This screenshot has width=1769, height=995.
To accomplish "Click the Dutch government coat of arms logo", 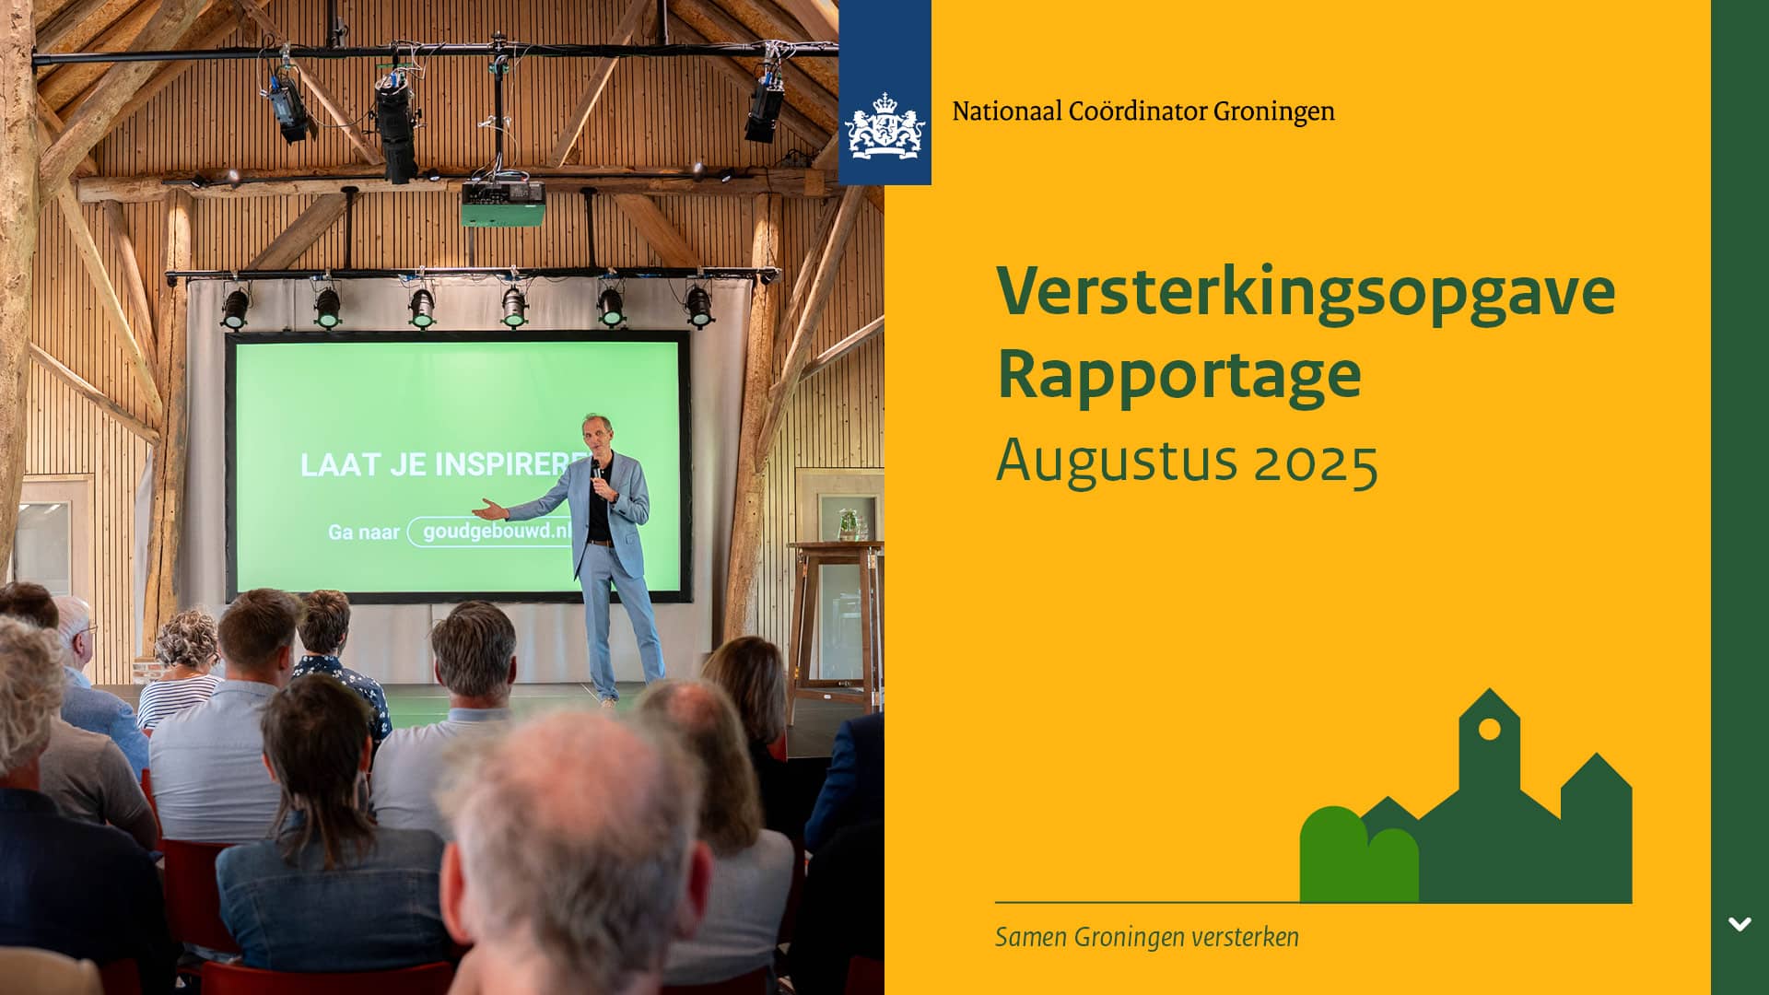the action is coord(884,125).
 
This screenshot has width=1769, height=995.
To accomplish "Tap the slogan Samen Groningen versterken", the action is coord(1147,938).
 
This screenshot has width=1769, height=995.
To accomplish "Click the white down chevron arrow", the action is coord(1740,924).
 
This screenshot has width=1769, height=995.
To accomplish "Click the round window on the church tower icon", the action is coord(1489,730).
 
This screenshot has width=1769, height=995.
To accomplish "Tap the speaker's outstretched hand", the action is coord(488,508).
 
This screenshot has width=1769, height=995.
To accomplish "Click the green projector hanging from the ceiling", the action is coord(502,204).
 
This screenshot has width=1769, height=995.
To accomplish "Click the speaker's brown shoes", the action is coord(606,701).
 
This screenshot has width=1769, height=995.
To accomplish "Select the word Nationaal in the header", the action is coord(1007,111).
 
